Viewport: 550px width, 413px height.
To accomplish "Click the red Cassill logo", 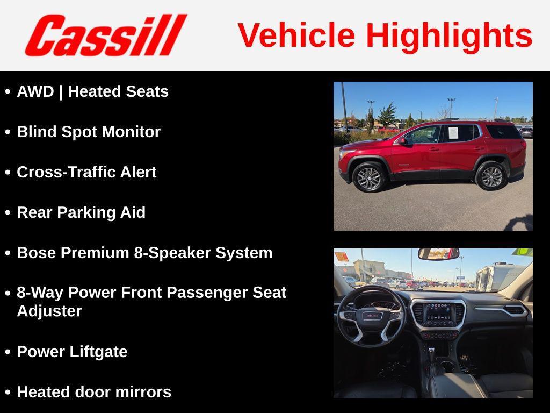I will (x=105, y=35).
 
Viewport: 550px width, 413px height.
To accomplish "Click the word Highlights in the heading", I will (x=449, y=35).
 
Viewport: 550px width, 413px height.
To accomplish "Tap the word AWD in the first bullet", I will (x=35, y=91).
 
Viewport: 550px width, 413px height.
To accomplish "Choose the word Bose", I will (x=37, y=253).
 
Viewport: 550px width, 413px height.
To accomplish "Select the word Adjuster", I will (x=49, y=311).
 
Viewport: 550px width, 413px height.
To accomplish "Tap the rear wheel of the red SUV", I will (x=491, y=176).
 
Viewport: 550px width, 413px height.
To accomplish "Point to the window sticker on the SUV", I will (x=453, y=132).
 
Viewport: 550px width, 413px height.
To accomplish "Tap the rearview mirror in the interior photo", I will (x=438, y=253).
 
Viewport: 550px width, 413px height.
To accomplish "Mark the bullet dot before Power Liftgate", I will (x=8, y=352).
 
